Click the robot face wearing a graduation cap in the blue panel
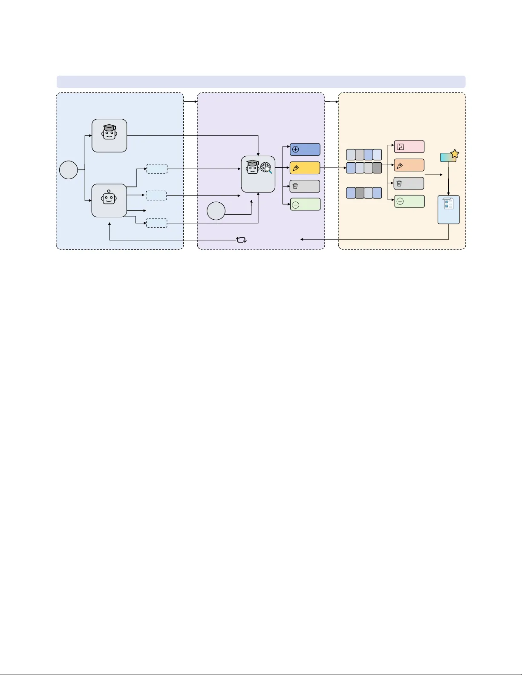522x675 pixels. click(x=109, y=132)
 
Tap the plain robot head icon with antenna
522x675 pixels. click(x=109, y=198)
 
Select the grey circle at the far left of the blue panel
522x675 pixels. click(x=69, y=170)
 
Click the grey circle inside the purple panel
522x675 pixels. click(x=216, y=211)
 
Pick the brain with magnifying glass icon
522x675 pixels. click(x=266, y=168)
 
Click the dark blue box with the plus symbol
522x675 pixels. click(x=305, y=149)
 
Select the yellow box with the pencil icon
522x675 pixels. click(x=305, y=168)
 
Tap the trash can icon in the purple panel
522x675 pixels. click(x=295, y=186)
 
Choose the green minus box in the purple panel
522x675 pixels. click(x=305, y=204)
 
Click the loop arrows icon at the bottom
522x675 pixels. click(x=242, y=240)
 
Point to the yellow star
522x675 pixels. click(x=455, y=154)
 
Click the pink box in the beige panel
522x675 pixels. click(x=409, y=146)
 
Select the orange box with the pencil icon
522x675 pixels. click(x=409, y=165)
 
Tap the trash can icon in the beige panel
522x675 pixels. click(x=399, y=184)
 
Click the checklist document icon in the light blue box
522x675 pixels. click(x=448, y=204)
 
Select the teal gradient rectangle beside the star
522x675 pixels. click(x=447, y=158)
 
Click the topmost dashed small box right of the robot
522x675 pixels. click(x=157, y=169)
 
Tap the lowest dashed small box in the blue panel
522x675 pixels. click(x=156, y=223)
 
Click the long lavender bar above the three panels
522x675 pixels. click(x=261, y=82)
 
